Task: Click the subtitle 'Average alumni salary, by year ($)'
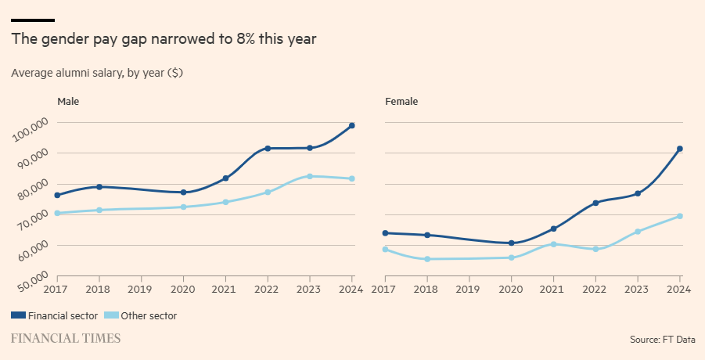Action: click(x=97, y=73)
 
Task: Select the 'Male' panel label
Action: click(x=68, y=102)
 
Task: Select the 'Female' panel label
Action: click(x=401, y=102)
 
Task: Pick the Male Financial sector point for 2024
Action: click(x=352, y=125)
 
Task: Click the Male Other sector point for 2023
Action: click(x=310, y=176)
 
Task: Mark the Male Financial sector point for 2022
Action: click(x=268, y=148)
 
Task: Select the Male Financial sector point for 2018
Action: click(x=99, y=186)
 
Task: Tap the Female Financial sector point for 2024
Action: click(x=680, y=149)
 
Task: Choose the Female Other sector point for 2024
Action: click(x=680, y=216)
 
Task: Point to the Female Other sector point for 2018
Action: click(x=426, y=259)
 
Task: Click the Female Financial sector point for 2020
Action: click(x=511, y=243)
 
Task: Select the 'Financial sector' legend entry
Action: click(x=55, y=316)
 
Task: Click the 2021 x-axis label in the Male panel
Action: click(x=225, y=290)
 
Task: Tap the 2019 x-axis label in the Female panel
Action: click(x=469, y=290)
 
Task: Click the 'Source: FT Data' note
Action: click(x=662, y=340)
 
